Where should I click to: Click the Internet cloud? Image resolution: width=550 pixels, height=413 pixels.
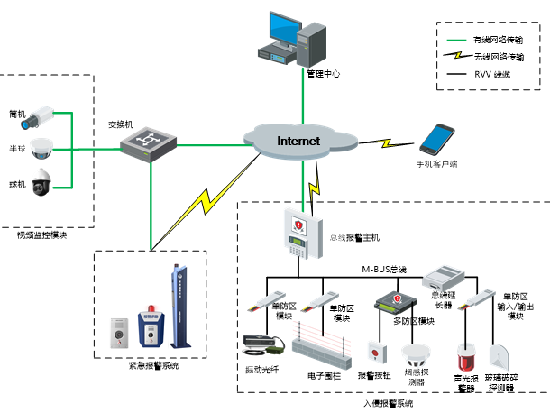(298, 142)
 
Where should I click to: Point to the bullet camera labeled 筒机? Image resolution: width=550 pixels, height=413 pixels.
(40, 115)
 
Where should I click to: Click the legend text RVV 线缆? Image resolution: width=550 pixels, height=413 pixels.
(490, 74)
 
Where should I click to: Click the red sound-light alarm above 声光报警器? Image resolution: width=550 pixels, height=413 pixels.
(466, 356)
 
